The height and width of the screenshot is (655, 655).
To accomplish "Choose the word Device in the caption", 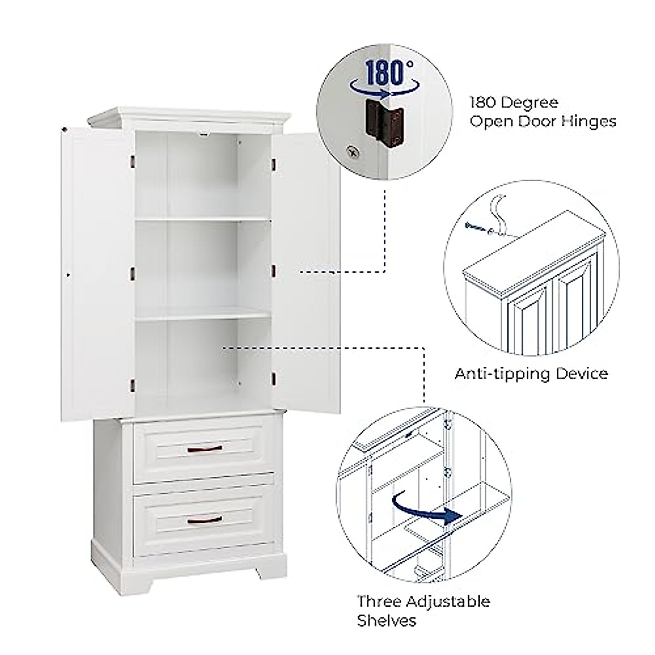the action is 580,374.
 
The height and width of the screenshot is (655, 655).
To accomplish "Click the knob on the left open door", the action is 67,273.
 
